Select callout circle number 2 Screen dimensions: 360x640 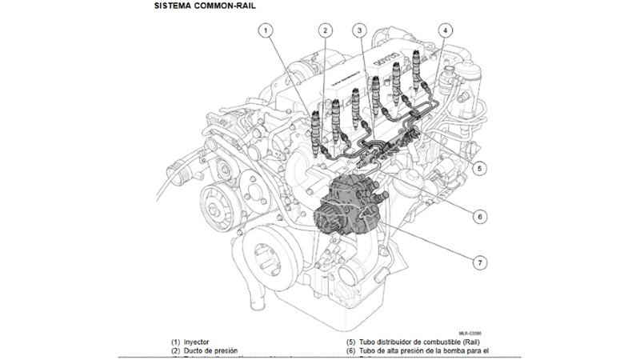pyautogui.click(x=325, y=30)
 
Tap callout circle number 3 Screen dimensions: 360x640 pyautogui.click(x=361, y=30)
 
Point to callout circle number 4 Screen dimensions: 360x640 pyautogui.click(x=446, y=30)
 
